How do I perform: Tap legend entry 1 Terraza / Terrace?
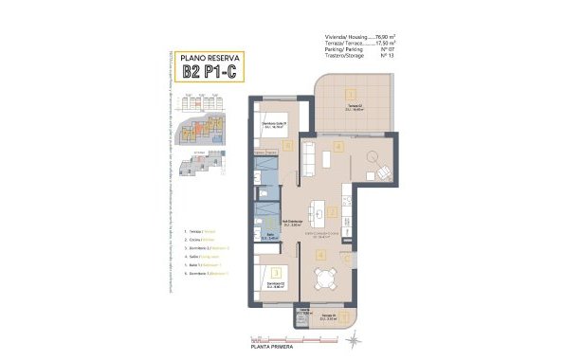coord(200,231)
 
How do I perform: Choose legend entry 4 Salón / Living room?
coord(202,255)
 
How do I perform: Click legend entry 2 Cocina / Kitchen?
coord(199,241)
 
